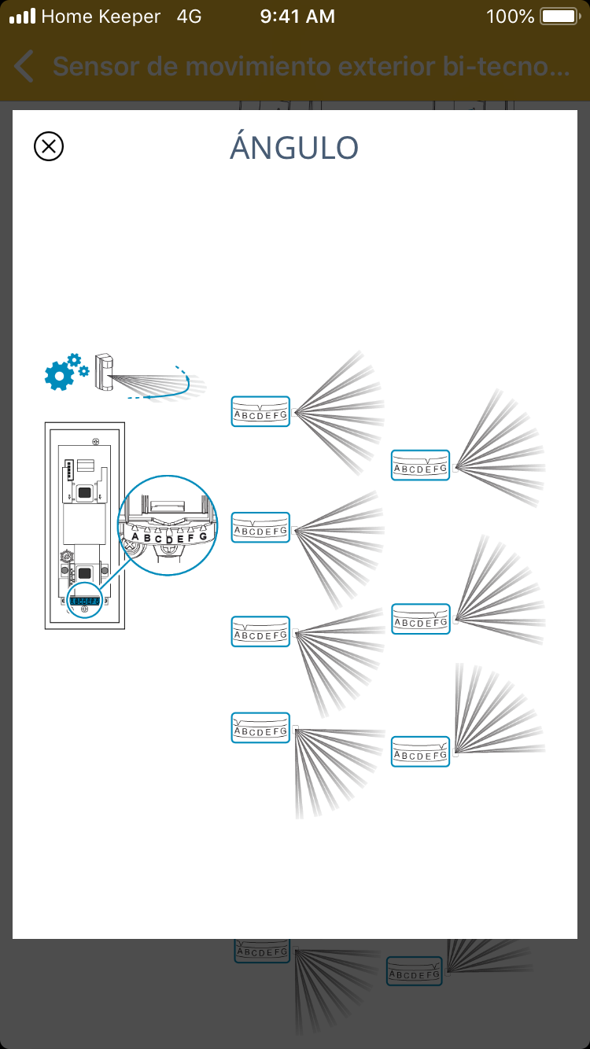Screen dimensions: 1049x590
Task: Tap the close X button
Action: coord(49,146)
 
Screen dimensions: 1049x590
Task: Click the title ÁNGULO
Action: coord(294,148)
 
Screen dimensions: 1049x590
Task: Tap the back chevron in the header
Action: coord(24,67)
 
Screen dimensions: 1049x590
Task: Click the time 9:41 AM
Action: coord(297,17)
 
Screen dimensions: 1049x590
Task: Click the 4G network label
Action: coord(189,17)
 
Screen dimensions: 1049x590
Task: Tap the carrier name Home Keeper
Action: coord(101,17)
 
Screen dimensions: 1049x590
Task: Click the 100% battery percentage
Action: coord(510,17)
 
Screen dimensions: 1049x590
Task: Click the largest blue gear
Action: coord(58,377)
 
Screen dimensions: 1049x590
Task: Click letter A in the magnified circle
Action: coord(135,537)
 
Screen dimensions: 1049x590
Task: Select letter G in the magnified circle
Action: coord(203,536)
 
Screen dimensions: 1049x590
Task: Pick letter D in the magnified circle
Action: coord(168,539)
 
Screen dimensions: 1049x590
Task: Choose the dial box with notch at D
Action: coord(261,411)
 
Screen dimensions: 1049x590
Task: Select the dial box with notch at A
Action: coord(261,727)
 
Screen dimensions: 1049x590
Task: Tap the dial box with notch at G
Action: coord(420,751)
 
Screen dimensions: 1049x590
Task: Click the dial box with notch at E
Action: coord(420,465)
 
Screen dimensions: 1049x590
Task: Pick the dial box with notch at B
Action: coord(261,631)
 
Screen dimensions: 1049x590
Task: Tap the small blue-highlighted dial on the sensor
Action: coord(85,601)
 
